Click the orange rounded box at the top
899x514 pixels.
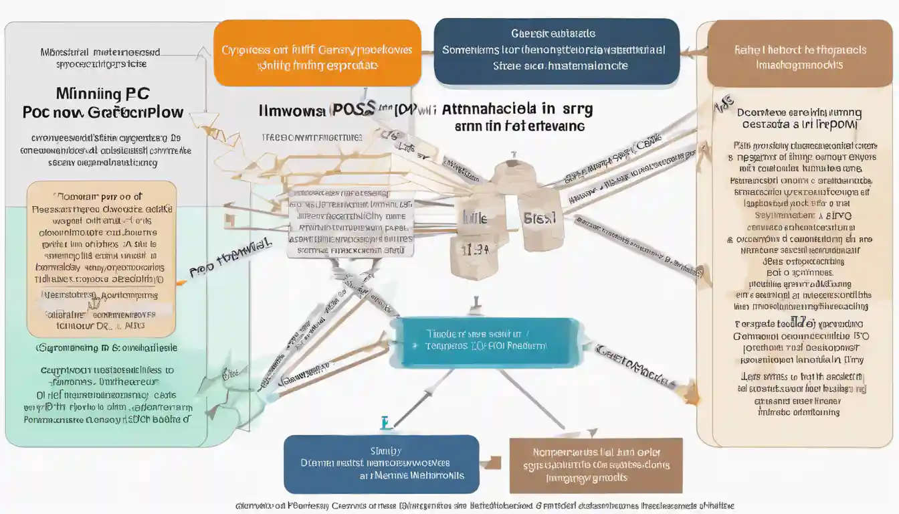coord(316,52)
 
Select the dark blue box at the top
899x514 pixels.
coord(556,52)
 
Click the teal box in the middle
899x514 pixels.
coord(485,342)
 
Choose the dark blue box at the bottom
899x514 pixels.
coord(381,464)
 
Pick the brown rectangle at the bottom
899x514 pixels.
coord(595,465)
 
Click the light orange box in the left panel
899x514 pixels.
coord(102,258)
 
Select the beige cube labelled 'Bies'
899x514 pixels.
coord(540,217)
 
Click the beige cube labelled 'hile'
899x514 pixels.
coord(476,218)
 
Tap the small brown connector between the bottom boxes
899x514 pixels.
coord(494,462)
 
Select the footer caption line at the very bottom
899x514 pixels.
coord(484,506)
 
